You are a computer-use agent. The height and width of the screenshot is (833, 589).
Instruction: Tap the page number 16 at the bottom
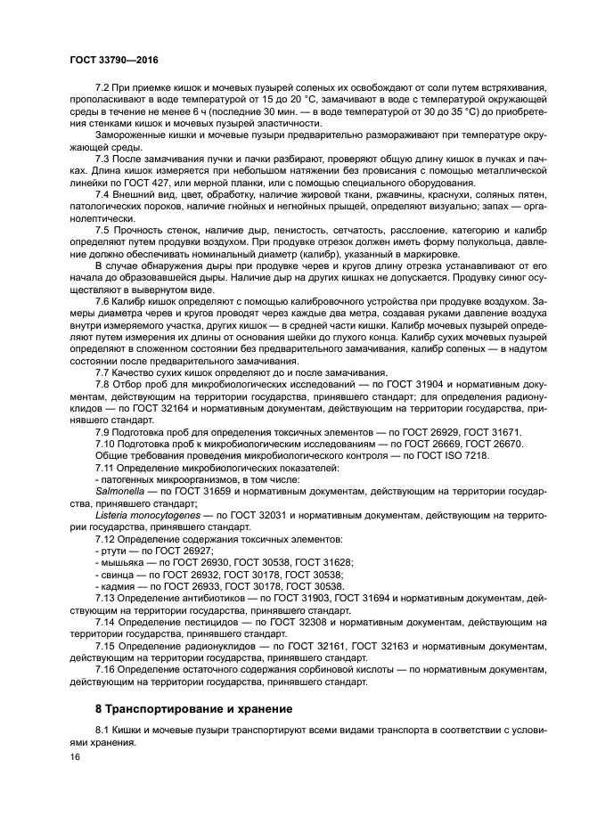pyautogui.click(x=76, y=755)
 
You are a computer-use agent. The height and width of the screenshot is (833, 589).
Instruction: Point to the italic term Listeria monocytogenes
pyautogui.click(x=148, y=516)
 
